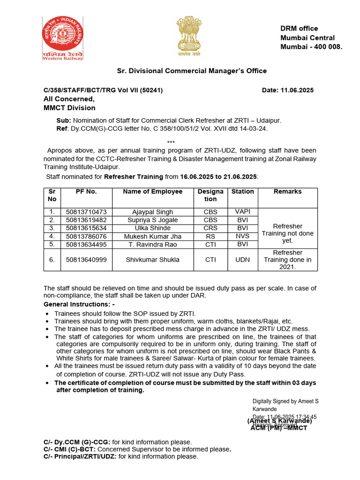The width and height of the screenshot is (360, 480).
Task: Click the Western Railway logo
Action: pos(63,38)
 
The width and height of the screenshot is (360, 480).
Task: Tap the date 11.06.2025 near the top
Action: pos(288,90)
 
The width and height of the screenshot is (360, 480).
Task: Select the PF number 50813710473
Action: pos(86,212)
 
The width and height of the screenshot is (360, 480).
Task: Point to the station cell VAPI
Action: pos(242,212)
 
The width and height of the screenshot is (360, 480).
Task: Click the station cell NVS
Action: pos(242,236)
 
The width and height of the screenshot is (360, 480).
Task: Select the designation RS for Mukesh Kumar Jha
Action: pos(210,236)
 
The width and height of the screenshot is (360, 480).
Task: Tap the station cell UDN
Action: pos(242,259)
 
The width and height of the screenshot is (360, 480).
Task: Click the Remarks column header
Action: pos(287,192)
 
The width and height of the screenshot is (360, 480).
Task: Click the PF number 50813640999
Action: pos(86,259)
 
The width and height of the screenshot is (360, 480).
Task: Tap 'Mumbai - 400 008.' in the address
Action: pos(311,47)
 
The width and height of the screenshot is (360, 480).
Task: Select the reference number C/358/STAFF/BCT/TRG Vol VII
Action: pos(103,90)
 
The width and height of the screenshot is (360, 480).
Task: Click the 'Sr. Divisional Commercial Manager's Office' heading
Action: pos(192,71)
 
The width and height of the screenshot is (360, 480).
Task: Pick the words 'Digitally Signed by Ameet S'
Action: pos(285,401)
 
